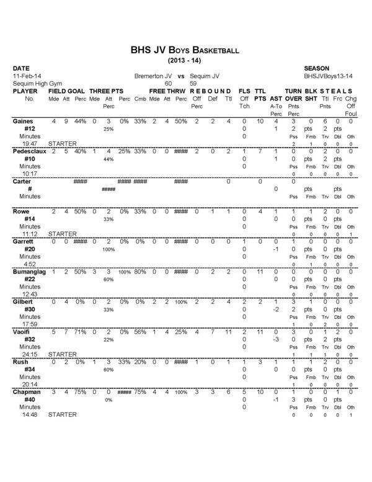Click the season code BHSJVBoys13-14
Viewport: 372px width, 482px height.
[x=329, y=74]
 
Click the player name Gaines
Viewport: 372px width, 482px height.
[x=24, y=121]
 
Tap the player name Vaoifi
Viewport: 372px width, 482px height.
[x=22, y=331]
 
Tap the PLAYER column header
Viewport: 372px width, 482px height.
[x=25, y=91]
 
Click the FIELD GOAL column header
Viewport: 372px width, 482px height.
[x=67, y=91]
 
